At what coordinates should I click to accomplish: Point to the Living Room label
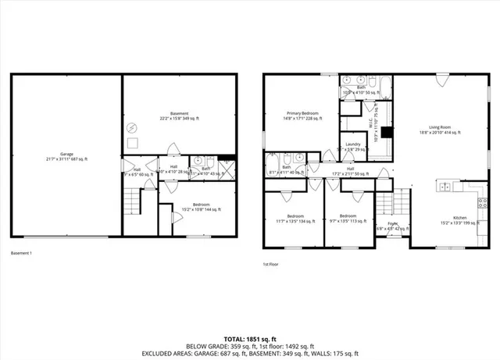[441, 128]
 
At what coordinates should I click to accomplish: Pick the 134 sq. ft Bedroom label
[295, 219]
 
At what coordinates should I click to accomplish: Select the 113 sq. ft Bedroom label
[348, 219]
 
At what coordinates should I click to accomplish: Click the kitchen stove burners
[444, 187]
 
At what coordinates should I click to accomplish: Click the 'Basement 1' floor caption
[21, 253]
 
